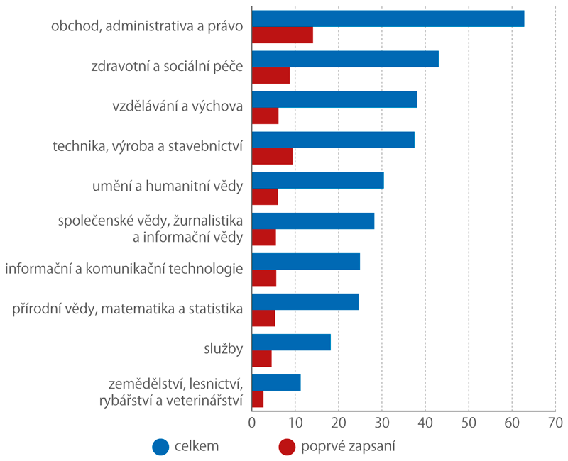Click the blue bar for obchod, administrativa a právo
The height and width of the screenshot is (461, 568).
point(388,18)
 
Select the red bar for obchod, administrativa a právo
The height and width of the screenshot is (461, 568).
point(283,35)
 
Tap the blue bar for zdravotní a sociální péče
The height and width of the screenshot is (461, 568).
point(345,59)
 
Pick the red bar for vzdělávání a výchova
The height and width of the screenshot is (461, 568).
point(265,116)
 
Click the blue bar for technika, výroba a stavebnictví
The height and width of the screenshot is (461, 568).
point(333,140)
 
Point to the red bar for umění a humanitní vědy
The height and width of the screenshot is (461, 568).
point(265,197)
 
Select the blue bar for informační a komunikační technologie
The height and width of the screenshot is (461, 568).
point(306,261)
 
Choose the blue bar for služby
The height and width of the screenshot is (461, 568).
point(291,342)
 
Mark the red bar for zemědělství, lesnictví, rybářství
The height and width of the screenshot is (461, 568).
point(258,399)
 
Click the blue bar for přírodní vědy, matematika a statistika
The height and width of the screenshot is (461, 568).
point(305,301)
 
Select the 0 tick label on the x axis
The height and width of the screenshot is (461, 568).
point(252,423)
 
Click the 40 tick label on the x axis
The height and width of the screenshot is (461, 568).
point(425,423)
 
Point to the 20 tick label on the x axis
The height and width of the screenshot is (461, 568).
point(338,423)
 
